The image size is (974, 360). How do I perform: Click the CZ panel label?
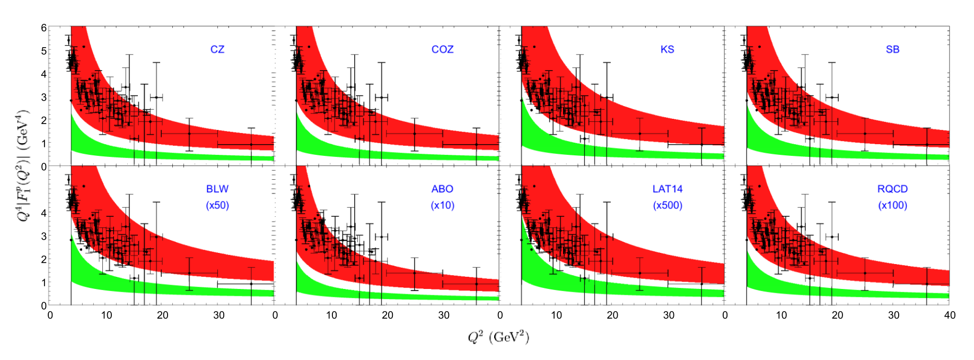(x=217, y=49)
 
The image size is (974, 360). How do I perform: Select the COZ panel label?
(x=442, y=49)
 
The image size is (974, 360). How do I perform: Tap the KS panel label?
(x=667, y=49)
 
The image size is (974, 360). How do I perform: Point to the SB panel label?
(x=892, y=49)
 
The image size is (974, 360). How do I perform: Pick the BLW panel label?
(x=217, y=189)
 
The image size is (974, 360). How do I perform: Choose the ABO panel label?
(x=442, y=189)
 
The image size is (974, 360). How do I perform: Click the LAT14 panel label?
(x=667, y=189)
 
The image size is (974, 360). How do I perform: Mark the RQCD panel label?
(x=892, y=189)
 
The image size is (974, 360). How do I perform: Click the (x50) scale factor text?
(x=217, y=205)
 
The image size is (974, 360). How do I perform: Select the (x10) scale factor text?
(x=442, y=205)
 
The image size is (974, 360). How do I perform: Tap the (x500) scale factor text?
(x=667, y=205)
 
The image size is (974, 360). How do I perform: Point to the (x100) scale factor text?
(x=892, y=205)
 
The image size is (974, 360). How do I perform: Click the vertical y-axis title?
(x=24, y=166)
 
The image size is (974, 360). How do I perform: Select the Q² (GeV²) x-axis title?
(x=498, y=337)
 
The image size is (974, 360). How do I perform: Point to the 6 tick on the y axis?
(x=44, y=28)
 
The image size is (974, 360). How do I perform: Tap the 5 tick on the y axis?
(x=44, y=51)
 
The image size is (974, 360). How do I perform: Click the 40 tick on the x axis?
(x=950, y=315)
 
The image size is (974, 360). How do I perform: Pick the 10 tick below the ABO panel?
(x=331, y=315)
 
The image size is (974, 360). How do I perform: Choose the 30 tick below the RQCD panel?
(x=893, y=315)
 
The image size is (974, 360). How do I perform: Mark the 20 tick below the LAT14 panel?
(x=612, y=315)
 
